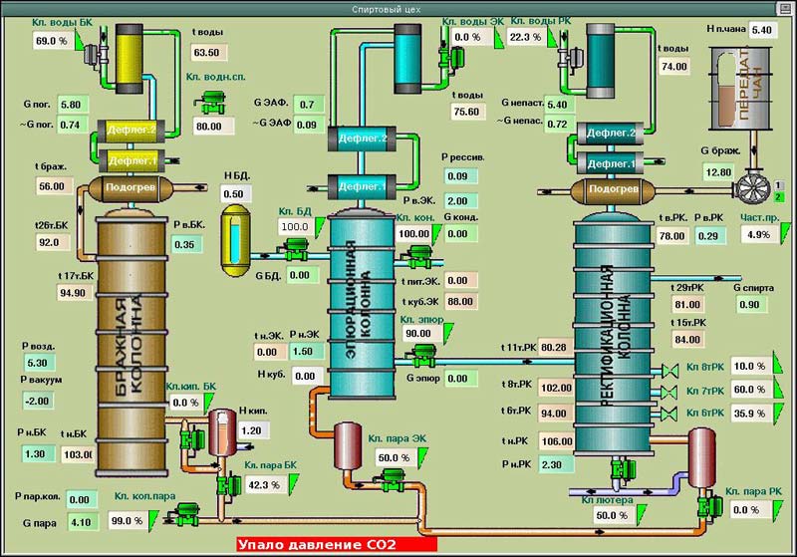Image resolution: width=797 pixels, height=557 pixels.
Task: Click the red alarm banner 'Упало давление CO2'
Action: click(337, 545)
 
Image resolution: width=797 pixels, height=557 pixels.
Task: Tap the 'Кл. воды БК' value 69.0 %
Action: click(51, 41)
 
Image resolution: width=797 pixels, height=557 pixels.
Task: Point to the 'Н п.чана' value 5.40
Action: click(761, 30)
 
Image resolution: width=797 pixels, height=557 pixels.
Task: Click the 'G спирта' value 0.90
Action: click(752, 304)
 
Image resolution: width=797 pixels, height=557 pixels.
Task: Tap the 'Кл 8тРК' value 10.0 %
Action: click(747, 366)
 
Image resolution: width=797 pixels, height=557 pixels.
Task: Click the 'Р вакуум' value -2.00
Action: click(39, 401)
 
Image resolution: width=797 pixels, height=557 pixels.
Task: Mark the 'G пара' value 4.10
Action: click(83, 520)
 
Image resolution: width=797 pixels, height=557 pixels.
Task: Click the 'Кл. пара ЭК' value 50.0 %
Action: click(387, 457)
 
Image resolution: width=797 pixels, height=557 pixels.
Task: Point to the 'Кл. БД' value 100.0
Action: click(294, 226)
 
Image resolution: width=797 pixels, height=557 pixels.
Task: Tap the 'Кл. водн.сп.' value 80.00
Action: click(208, 127)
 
